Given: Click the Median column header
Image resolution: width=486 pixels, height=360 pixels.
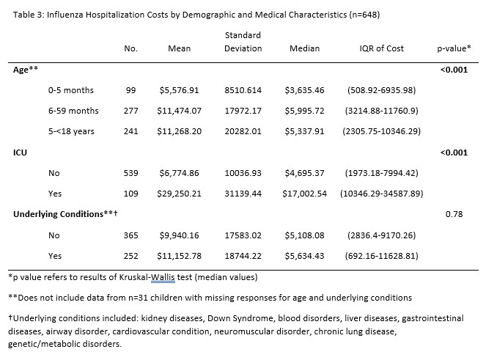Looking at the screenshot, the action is [x=304, y=48].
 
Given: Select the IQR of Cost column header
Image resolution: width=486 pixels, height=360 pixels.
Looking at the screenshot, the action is [x=382, y=48].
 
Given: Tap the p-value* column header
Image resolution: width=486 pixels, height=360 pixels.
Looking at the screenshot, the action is [x=454, y=48].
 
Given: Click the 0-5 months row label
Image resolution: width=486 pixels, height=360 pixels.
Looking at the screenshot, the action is [x=70, y=90].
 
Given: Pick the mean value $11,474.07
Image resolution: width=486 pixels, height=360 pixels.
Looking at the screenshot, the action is [x=179, y=111].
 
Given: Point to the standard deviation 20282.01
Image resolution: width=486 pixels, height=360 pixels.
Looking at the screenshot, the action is [x=243, y=131].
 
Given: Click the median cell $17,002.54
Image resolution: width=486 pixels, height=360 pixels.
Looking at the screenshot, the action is [x=304, y=194].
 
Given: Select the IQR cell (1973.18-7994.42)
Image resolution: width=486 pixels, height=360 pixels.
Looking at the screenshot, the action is [x=382, y=173].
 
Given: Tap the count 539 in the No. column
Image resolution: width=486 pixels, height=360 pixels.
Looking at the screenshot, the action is [x=130, y=173].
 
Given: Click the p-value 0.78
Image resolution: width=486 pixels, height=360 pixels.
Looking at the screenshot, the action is [x=454, y=214].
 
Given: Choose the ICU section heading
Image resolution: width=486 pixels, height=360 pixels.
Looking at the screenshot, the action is [x=20, y=153].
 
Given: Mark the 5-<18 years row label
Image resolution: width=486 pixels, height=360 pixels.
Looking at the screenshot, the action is [x=71, y=131].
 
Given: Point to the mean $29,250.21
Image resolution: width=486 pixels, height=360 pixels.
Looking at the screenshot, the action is [x=179, y=194].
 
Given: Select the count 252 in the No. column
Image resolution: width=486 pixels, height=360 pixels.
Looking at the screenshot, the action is [x=130, y=256].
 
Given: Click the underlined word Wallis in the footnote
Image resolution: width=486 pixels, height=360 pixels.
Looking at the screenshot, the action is [x=163, y=277].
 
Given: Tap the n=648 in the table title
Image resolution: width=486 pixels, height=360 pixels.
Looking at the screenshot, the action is [x=364, y=15].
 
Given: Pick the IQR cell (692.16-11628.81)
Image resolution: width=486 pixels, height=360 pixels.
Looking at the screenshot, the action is [x=382, y=256].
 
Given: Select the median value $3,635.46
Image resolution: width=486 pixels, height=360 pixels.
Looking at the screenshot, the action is [x=304, y=90].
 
